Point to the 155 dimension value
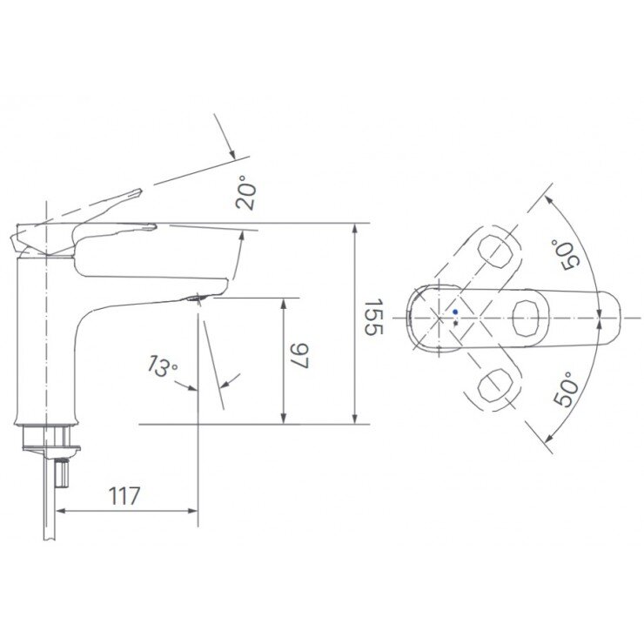click(372, 318)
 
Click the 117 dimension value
click(124, 496)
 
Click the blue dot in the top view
click(455, 312)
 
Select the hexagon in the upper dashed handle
click(496, 252)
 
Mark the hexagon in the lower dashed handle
click(497, 383)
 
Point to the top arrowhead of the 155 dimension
click(355, 229)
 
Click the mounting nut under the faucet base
click(50, 435)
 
